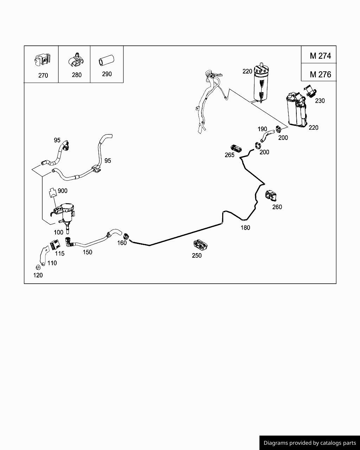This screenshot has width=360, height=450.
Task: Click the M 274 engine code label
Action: tap(320, 56)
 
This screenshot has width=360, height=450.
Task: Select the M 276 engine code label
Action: tap(320, 75)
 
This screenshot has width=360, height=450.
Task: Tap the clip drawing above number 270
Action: tap(43, 60)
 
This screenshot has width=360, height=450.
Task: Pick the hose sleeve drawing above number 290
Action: tap(107, 60)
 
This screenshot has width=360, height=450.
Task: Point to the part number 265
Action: tap(230, 155)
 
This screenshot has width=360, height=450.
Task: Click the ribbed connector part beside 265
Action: tap(236, 148)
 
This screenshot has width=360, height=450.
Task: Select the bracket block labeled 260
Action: tap(271, 196)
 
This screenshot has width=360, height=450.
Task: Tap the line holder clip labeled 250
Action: tap(200, 245)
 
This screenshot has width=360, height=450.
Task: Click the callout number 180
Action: tap(245, 227)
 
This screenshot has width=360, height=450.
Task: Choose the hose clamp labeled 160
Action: tap(126, 236)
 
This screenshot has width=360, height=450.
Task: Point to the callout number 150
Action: tap(88, 252)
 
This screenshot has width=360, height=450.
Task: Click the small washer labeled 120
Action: tap(38, 267)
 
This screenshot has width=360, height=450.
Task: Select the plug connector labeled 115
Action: tap(55, 244)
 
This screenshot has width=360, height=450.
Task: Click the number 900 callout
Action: tap(63, 191)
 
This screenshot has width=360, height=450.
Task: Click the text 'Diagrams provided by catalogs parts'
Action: tap(310, 443)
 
